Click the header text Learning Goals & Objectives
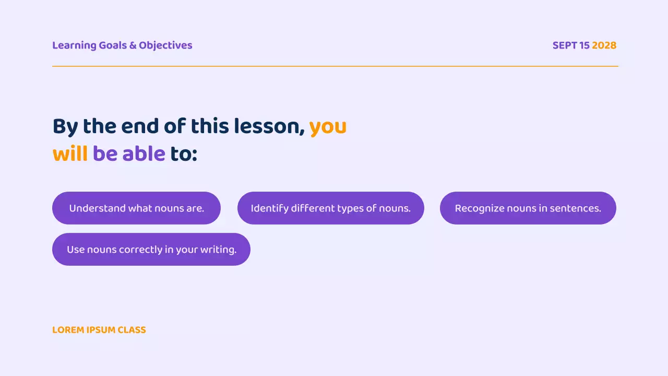(x=122, y=45)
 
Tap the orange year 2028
(x=604, y=45)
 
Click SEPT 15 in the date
(x=571, y=45)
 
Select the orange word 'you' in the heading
(x=328, y=127)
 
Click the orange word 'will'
(x=70, y=154)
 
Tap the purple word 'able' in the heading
(x=144, y=154)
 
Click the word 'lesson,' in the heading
(x=269, y=127)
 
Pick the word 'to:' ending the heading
(x=184, y=155)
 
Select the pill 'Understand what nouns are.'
(x=136, y=208)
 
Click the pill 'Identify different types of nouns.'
(x=330, y=208)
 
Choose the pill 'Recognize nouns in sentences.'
(x=528, y=208)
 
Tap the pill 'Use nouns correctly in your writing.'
(x=151, y=249)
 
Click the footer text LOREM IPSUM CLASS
(x=99, y=330)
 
